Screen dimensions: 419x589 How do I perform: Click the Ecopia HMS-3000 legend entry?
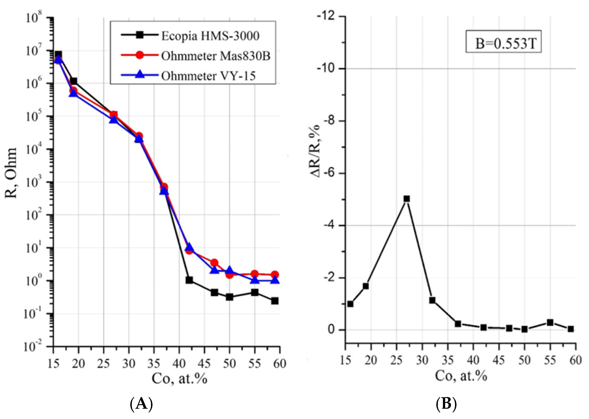[x=210, y=36]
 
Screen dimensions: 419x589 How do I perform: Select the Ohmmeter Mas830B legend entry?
[x=216, y=56]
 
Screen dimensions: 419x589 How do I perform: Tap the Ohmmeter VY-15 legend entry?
[x=208, y=76]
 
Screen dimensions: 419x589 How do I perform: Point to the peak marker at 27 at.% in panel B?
[x=407, y=199]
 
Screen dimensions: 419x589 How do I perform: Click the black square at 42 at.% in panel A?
[x=189, y=280]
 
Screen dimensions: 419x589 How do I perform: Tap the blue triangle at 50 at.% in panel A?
[x=230, y=271]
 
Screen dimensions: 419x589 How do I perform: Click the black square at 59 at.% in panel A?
[x=275, y=301]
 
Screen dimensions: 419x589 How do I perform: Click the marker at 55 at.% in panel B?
[x=550, y=323]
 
